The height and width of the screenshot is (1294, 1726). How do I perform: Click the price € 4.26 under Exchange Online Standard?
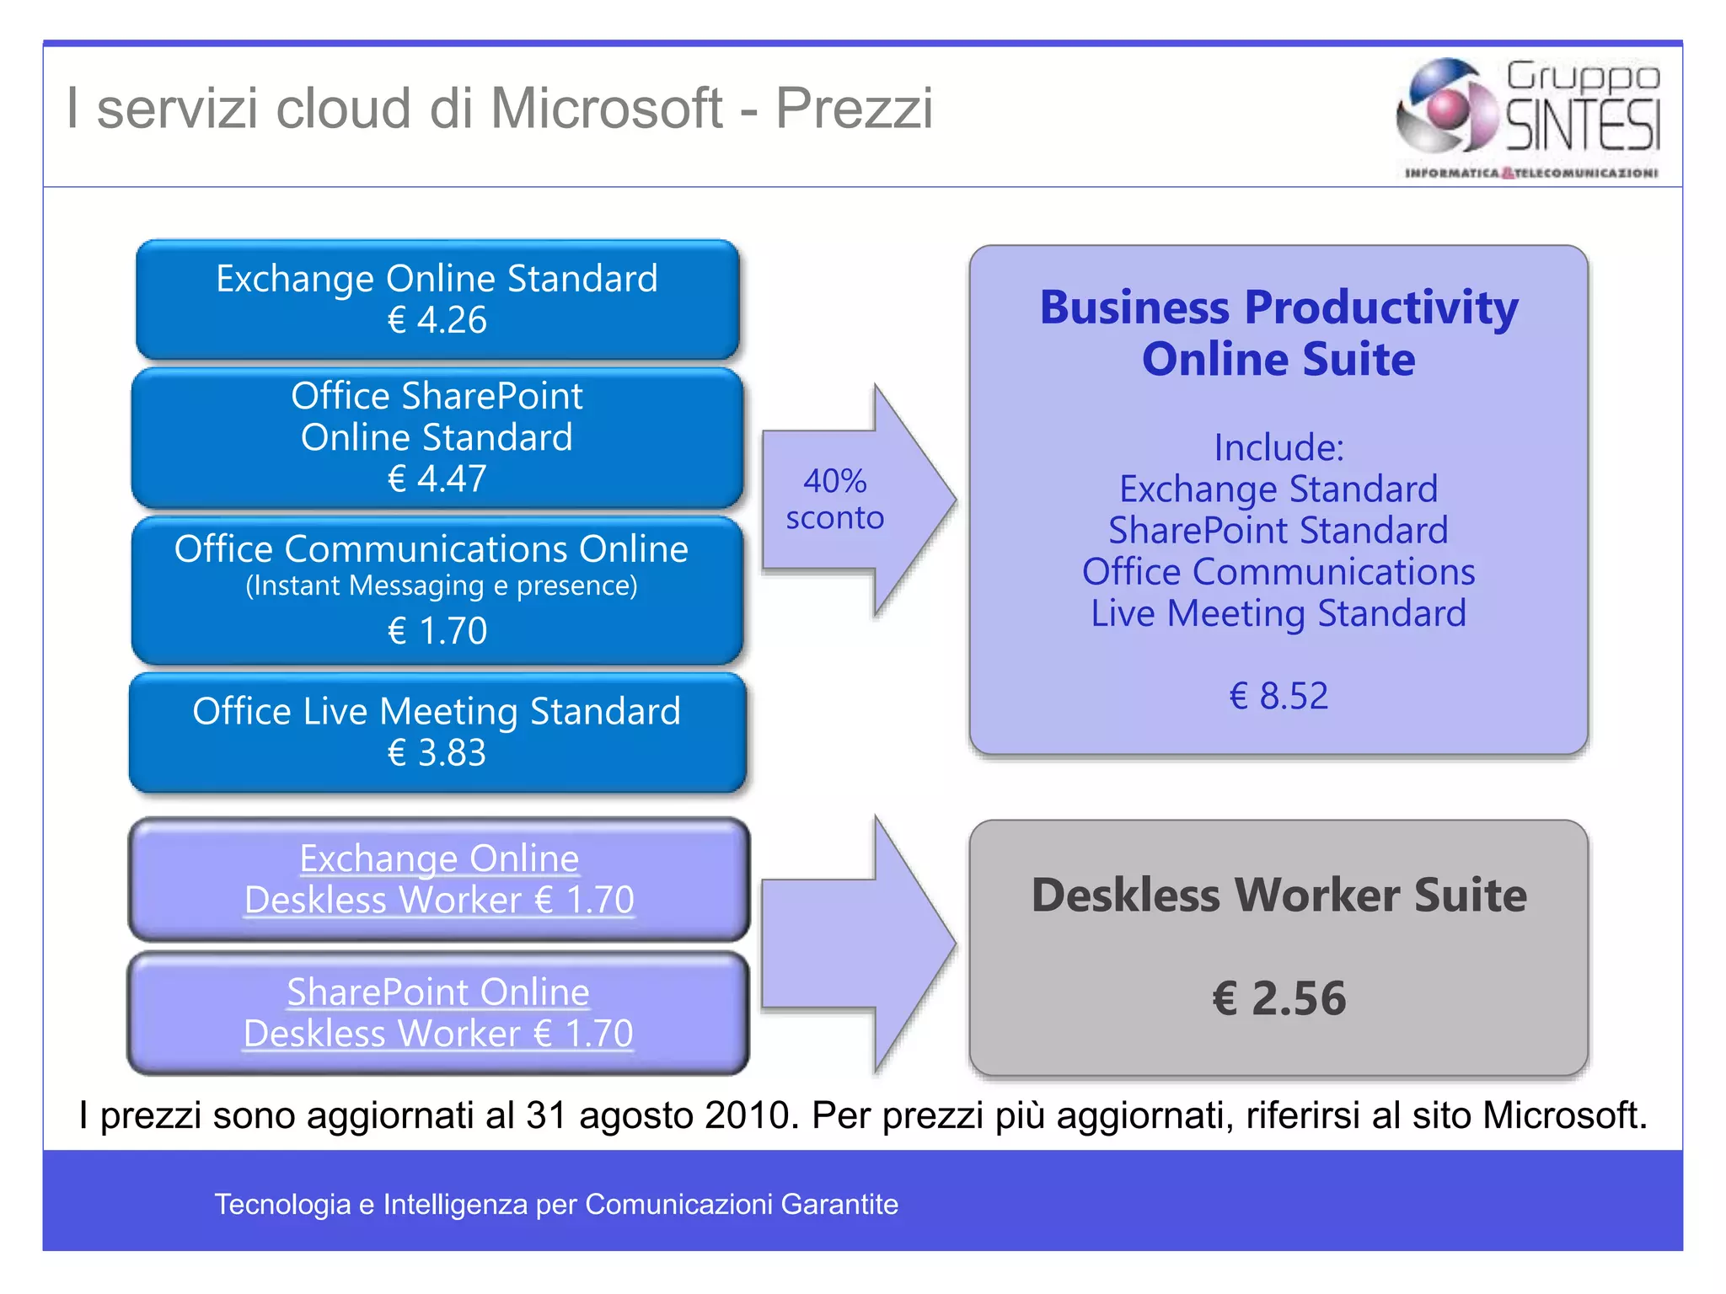(x=437, y=320)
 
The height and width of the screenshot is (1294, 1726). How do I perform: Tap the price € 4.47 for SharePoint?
(x=437, y=479)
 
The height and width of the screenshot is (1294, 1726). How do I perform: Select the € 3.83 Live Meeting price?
(x=437, y=752)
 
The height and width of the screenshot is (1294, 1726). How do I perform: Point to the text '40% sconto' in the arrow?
(x=834, y=500)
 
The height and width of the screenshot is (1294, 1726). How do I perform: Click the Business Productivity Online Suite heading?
(x=1278, y=333)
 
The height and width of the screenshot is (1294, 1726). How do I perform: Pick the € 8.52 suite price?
(x=1278, y=696)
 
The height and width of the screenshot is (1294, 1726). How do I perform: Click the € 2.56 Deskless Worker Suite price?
(x=1278, y=998)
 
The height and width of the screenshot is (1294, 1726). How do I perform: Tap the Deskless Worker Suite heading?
(x=1278, y=895)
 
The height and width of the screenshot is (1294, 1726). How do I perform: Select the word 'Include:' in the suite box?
(x=1278, y=447)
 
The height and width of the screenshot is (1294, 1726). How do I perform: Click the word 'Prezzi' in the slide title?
(x=854, y=109)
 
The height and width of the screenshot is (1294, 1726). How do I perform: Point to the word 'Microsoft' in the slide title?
(x=606, y=109)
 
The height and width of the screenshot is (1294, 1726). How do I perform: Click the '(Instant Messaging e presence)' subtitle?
(x=441, y=586)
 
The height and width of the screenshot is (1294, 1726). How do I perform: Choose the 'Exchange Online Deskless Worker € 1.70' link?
(x=439, y=880)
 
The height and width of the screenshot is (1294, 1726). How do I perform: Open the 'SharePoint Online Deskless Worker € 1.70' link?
(x=438, y=1013)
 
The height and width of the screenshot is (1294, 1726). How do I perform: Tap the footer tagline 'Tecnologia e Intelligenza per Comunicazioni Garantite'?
(x=556, y=1204)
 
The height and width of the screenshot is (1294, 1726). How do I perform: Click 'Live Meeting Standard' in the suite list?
(x=1278, y=613)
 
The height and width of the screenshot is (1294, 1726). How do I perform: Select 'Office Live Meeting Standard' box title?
(x=437, y=711)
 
